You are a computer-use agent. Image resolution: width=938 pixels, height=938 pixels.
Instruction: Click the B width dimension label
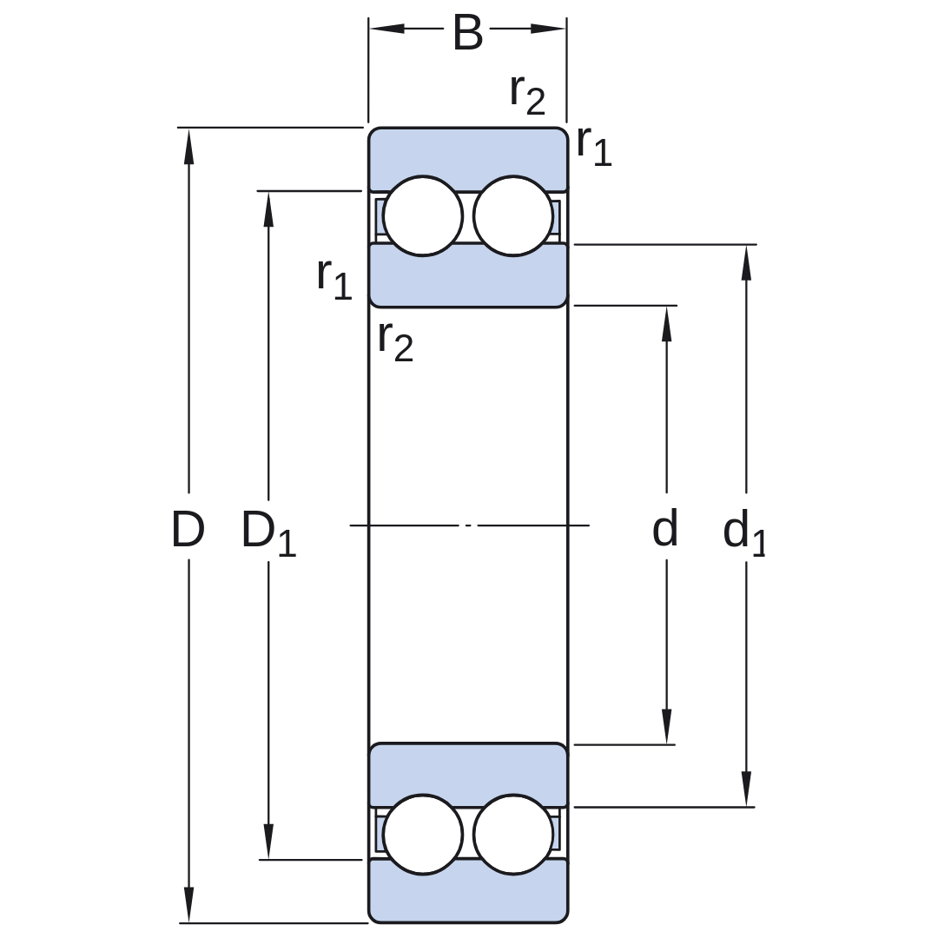pyautogui.click(x=467, y=34)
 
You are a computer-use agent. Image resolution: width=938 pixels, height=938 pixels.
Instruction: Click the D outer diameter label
pyautogui.click(x=188, y=529)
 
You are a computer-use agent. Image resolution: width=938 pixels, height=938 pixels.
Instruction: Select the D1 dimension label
pyautogui.click(x=268, y=532)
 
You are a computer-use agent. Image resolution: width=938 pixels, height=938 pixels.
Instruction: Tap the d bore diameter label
pyautogui.click(x=664, y=528)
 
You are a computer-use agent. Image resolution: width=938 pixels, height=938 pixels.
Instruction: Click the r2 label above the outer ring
pyautogui.click(x=528, y=95)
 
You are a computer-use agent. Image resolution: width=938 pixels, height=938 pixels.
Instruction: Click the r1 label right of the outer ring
pyautogui.click(x=594, y=146)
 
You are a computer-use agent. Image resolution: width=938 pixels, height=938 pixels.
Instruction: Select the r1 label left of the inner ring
pyautogui.click(x=334, y=279)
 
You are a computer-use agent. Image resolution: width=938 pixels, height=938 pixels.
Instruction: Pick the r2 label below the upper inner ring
pyautogui.click(x=395, y=341)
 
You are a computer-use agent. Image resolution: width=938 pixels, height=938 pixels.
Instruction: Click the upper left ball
pyautogui.click(x=423, y=216)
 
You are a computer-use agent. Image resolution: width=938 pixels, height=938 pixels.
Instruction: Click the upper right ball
pyautogui.click(x=513, y=216)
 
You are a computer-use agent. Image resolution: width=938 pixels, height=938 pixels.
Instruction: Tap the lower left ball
pyautogui.click(x=423, y=835)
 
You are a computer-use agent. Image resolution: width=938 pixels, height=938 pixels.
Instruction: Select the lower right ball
pyautogui.click(x=513, y=835)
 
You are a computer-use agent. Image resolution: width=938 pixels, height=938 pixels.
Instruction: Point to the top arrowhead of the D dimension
pyautogui.click(x=189, y=146)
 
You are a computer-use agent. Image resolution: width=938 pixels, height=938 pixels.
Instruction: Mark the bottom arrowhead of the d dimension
pyautogui.click(x=666, y=726)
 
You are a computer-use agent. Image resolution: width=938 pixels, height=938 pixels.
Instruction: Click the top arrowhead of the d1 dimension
pyautogui.click(x=746, y=262)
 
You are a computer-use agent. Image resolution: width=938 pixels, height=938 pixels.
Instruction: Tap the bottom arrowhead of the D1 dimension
pyautogui.click(x=268, y=841)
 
